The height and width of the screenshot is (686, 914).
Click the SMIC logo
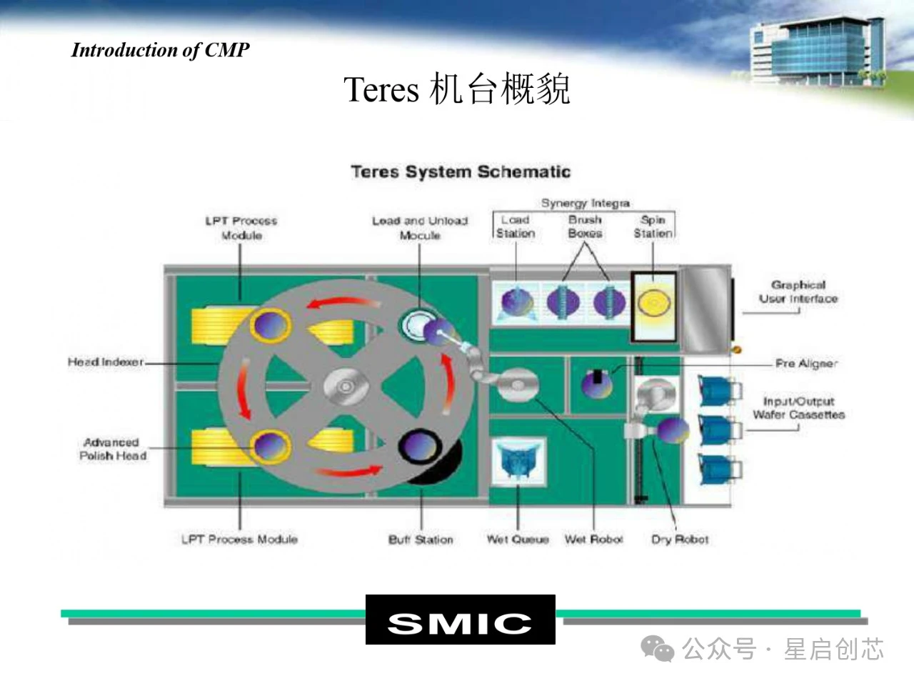point(460,620)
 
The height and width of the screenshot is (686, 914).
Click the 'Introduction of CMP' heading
point(161,50)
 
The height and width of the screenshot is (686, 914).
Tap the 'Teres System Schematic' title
point(461,172)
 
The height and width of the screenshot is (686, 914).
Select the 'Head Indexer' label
point(106,362)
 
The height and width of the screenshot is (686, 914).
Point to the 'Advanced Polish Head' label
point(113,449)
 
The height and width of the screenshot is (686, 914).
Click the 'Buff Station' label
point(421,540)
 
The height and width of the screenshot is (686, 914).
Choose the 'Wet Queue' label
point(518,540)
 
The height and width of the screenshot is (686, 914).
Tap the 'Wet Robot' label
point(593,540)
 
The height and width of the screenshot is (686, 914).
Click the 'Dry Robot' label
point(680,540)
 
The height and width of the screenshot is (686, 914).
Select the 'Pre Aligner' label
point(806,363)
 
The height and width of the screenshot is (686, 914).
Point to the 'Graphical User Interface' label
point(798,292)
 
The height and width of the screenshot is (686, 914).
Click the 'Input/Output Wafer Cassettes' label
point(798,408)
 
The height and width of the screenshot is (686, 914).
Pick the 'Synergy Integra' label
point(586,203)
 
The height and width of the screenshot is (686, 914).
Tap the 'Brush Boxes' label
point(585,227)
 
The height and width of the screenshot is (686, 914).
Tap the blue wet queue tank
point(518,459)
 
